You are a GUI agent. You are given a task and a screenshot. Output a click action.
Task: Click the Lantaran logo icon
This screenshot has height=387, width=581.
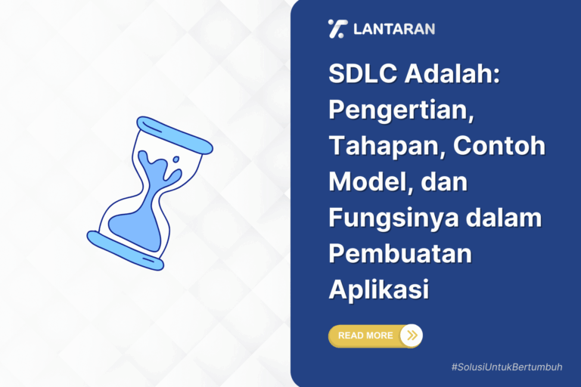click(x=337, y=29)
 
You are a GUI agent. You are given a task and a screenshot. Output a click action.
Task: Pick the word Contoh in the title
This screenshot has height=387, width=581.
click(x=499, y=147)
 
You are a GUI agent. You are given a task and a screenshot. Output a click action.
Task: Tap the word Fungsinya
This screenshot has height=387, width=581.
click(x=385, y=218)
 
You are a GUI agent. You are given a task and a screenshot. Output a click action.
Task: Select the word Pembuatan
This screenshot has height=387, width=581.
click(x=400, y=253)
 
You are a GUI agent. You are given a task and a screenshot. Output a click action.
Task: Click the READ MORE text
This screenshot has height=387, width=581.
click(x=365, y=336)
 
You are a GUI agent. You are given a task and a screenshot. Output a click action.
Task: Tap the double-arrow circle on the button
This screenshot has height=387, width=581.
click(x=411, y=336)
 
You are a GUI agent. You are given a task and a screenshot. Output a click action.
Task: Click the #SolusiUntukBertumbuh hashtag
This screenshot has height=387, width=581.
click(x=508, y=367)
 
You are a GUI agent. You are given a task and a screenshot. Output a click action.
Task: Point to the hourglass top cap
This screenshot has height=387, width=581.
click(x=175, y=134)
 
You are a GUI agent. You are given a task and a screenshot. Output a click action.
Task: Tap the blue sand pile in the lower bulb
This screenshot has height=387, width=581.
click(x=136, y=226)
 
